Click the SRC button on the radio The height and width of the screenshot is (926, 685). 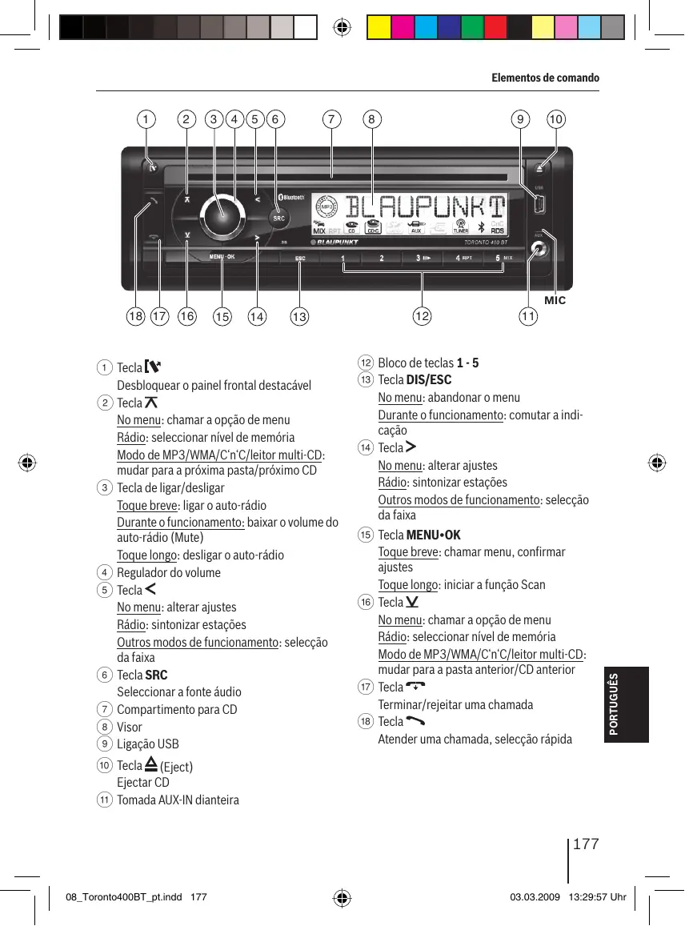point(278,217)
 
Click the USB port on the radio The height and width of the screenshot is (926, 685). point(539,206)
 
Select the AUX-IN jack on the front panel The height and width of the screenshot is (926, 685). point(540,249)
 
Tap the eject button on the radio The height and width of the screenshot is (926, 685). point(539,170)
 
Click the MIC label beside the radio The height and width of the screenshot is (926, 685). point(555,300)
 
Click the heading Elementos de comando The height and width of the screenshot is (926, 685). point(544,78)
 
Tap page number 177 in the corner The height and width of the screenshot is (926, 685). point(587,845)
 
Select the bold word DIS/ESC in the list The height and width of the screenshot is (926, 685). point(429,380)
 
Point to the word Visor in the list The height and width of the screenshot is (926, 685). point(130,727)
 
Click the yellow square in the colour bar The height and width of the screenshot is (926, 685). point(379,28)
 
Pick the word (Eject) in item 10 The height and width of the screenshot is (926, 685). point(176,767)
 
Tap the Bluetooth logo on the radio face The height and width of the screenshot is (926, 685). point(293,197)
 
